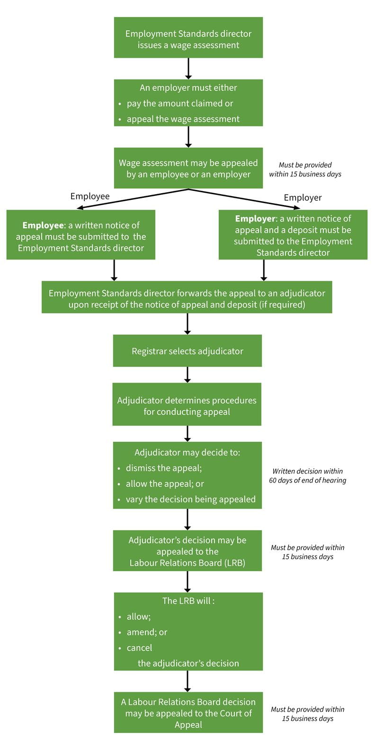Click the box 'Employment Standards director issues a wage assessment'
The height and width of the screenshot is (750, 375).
[188, 38]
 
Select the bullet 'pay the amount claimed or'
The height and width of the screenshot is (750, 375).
[179, 104]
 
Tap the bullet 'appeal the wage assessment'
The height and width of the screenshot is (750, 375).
[183, 119]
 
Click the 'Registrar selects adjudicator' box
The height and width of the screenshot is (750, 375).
[187, 351]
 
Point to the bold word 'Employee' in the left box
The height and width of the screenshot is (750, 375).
[43, 225]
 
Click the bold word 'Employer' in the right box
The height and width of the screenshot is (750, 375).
[255, 219]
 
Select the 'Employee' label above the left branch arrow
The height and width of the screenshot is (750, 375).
[89, 196]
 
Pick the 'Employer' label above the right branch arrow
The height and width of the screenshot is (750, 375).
[303, 197]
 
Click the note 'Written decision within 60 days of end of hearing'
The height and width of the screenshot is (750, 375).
[307, 476]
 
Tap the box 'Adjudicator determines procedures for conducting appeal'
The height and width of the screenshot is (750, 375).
[187, 406]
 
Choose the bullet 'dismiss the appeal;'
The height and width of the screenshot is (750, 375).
[163, 468]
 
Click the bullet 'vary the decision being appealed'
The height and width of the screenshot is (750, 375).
[190, 500]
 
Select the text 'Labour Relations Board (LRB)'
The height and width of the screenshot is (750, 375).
[187, 563]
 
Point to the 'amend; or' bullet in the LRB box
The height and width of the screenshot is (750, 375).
[147, 633]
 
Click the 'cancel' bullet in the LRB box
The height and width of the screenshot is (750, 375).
[139, 648]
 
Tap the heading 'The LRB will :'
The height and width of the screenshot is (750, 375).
[188, 601]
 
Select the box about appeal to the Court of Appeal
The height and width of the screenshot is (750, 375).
[188, 713]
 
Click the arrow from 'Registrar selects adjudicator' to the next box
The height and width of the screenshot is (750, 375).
[187, 375]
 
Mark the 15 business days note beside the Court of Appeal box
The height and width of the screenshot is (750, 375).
[307, 714]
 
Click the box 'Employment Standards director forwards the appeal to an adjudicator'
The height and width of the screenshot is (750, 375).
[187, 299]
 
